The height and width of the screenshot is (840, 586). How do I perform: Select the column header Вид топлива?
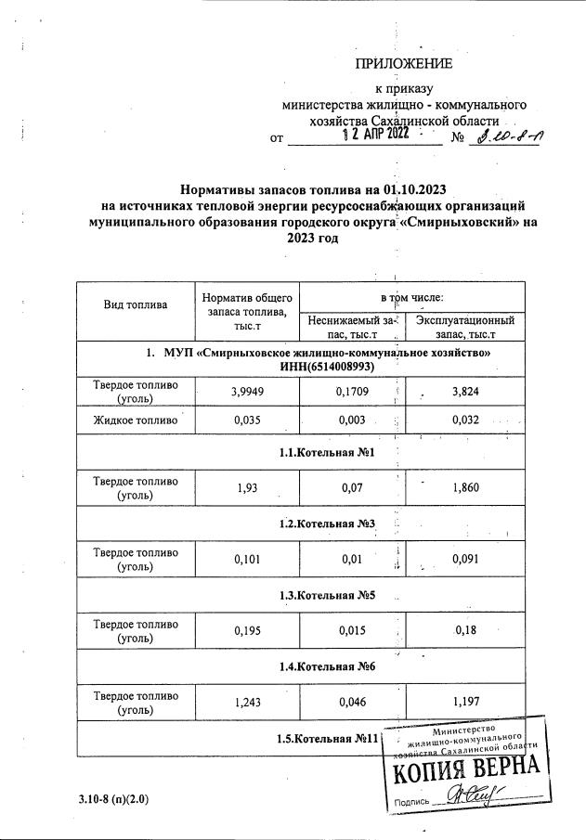click(136, 304)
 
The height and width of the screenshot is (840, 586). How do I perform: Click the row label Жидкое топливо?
click(136, 420)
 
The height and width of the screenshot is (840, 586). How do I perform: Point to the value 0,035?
click(247, 420)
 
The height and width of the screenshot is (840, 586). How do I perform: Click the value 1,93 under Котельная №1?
click(247, 488)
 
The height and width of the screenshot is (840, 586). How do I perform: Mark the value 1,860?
click(464, 488)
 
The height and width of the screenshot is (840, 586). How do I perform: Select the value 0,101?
click(247, 559)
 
